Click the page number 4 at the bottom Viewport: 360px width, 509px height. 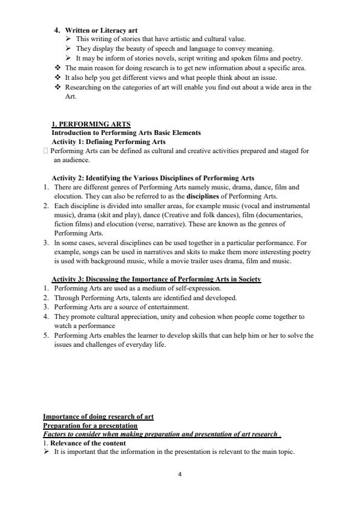pos(180,474)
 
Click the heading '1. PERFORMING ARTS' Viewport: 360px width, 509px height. pos(91,124)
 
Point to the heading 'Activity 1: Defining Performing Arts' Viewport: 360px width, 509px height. pos(109,142)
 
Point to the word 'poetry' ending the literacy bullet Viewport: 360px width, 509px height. pos(292,58)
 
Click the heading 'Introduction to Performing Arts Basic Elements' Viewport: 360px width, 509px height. pos(126,133)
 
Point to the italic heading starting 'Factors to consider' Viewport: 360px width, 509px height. pos(161,435)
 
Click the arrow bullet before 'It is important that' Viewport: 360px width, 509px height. pos(46,452)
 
